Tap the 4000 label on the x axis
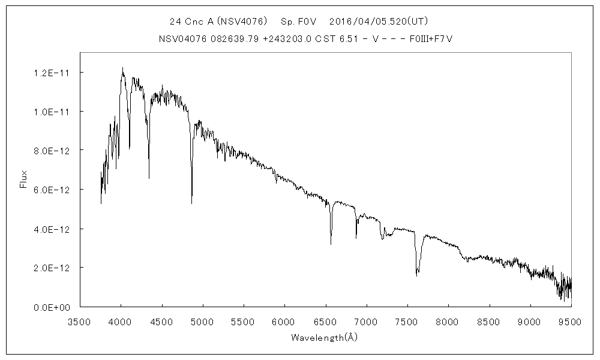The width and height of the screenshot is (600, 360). (121, 322)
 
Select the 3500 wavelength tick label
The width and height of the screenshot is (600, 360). (80, 322)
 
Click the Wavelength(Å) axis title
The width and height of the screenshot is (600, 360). (324, 337)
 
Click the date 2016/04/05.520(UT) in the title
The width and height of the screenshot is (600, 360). (371, 21)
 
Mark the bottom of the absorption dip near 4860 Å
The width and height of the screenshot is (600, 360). (192, 203)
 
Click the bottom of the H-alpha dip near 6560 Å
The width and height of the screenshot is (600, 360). (331, 244)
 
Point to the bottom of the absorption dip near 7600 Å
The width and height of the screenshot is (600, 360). (417, 275)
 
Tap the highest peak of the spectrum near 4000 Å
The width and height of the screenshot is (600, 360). (122, 68)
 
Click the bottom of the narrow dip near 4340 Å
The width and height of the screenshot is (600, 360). (149, 178)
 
